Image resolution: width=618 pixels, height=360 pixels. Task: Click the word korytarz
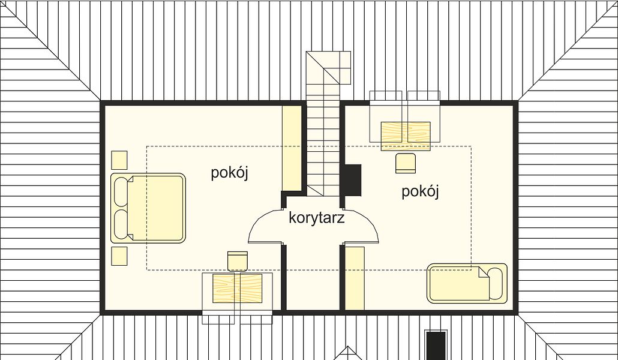click(x=316, y=218)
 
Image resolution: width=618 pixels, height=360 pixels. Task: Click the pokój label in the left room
click(x=229, y=173)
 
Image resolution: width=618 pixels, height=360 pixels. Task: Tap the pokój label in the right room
click(x=420, y=191)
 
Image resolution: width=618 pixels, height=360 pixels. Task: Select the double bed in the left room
click(x=148, y=208)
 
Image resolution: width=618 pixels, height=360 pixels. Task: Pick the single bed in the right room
click(x=467, y=283)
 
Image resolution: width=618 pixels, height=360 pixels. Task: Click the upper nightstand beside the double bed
click(x=119, y=160)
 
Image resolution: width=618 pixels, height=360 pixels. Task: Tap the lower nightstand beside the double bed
click(x=119, y=256)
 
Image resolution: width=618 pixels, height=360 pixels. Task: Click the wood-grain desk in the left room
click(x=237, y=288)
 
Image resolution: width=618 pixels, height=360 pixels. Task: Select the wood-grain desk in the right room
click(x=406, y=136)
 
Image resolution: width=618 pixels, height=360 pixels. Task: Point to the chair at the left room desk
click(x=238, y=261)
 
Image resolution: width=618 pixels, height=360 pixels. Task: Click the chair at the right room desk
click(x=406, y=163)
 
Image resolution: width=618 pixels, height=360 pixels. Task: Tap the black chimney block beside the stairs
click(x=353, y=180)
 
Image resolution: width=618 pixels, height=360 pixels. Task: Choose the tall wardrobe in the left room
click(x=292, y=148)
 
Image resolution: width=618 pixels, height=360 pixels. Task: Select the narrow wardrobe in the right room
click(x=355, y=278)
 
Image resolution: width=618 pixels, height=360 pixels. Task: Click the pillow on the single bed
click(x=496, y=283)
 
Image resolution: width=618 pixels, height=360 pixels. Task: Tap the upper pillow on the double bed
click(x=121, y=191)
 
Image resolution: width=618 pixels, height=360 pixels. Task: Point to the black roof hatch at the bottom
click(x=436, y=346)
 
